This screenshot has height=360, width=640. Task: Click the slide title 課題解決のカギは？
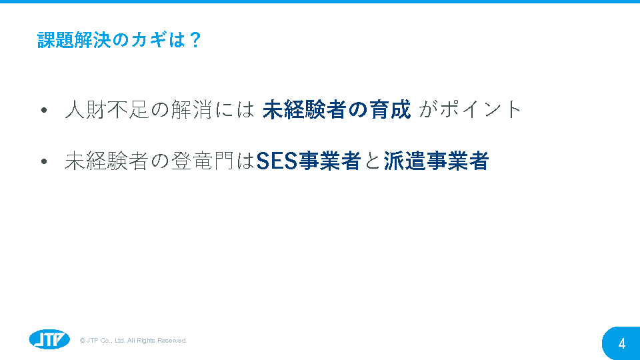119,40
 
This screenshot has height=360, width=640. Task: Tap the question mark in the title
195,40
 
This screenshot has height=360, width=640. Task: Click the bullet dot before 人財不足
44,110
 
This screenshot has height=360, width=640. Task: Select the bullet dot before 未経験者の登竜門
44,161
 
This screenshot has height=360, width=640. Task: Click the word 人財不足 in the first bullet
107,109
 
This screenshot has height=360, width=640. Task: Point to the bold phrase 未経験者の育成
337,109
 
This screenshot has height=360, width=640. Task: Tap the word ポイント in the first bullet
481,109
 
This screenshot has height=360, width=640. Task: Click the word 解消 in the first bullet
191,109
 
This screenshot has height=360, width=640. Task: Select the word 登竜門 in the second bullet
203,161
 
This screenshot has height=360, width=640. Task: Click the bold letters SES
277,161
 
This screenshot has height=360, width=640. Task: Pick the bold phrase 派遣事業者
436,161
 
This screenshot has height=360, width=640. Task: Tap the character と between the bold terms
372,161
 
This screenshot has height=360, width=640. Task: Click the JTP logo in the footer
49,339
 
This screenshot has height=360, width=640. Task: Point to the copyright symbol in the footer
83,341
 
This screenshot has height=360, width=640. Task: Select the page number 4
621,344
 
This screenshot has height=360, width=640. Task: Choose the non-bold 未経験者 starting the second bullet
107,161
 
